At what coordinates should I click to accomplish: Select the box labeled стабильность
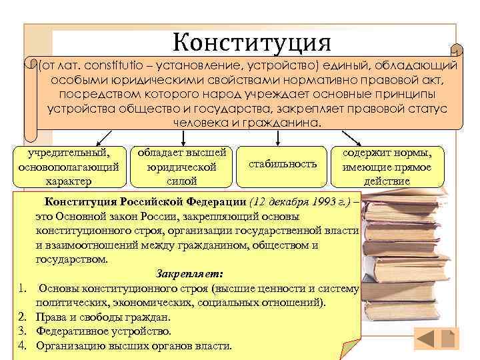click(282, 163)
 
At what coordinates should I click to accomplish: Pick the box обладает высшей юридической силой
click(181, 166)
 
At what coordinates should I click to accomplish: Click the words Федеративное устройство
click(104, 331)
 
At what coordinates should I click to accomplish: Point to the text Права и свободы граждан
click(103, 317)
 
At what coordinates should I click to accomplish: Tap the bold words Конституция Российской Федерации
click(145, 202)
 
